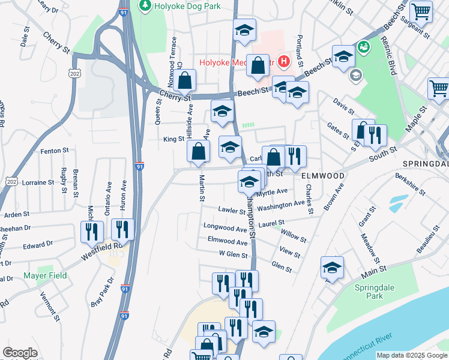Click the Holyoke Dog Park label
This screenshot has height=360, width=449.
186,6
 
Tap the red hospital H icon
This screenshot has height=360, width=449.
283,61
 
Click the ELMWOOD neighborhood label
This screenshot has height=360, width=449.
323,176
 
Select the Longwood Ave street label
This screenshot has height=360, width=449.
225,229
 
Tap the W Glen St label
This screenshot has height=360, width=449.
233,254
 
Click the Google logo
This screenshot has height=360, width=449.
20,353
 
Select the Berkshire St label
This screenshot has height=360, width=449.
410,184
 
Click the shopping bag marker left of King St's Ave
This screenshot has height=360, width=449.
198,152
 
